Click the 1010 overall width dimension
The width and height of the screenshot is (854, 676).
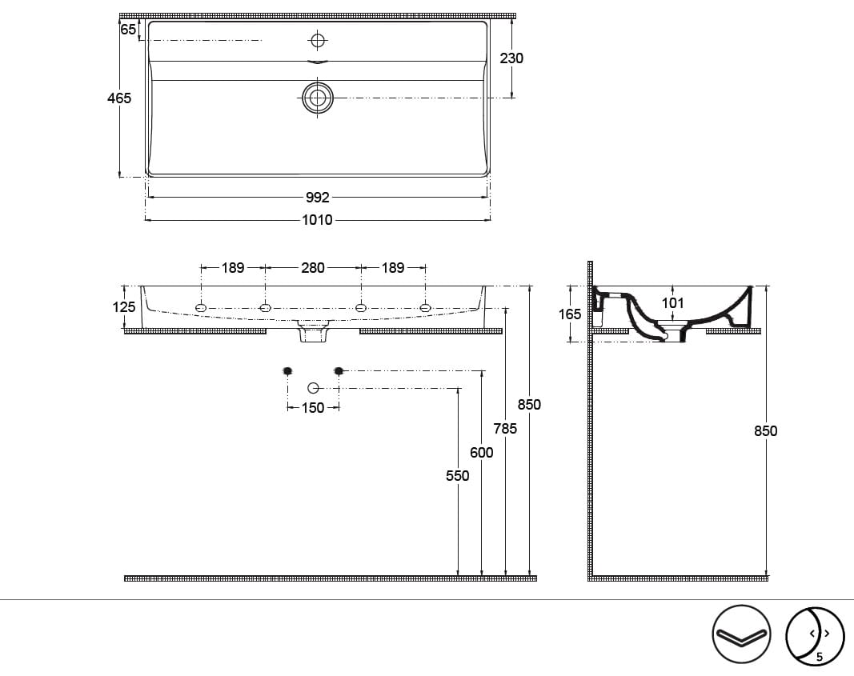[317, 220]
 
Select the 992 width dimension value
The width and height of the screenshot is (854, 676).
[317, 198]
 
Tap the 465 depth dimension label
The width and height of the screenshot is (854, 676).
[119, 98]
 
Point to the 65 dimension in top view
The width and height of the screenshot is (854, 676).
[128, 30]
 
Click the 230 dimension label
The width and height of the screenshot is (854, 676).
[511, 58]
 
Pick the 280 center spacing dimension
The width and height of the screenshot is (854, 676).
[313, 268]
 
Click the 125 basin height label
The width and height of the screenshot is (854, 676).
[123, 307]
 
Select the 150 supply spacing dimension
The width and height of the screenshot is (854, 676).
[313, 408]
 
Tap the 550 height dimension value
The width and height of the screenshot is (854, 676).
[458, 476]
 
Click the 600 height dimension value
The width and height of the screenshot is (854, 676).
[482, 452]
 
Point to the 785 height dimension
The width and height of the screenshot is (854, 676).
[505, 429]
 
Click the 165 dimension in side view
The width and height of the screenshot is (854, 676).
[570, 314]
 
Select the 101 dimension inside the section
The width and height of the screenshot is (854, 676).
[672, 302]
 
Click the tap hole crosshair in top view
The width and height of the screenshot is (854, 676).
[317, 40]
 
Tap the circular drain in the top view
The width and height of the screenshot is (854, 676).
[318, 98]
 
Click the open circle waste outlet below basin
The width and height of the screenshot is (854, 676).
[313, 388]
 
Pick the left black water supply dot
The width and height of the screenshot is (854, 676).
[287, 371]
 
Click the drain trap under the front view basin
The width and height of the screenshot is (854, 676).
[313, 331]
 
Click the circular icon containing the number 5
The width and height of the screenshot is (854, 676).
[814, 636]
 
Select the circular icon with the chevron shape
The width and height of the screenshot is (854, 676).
[741, 634]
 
